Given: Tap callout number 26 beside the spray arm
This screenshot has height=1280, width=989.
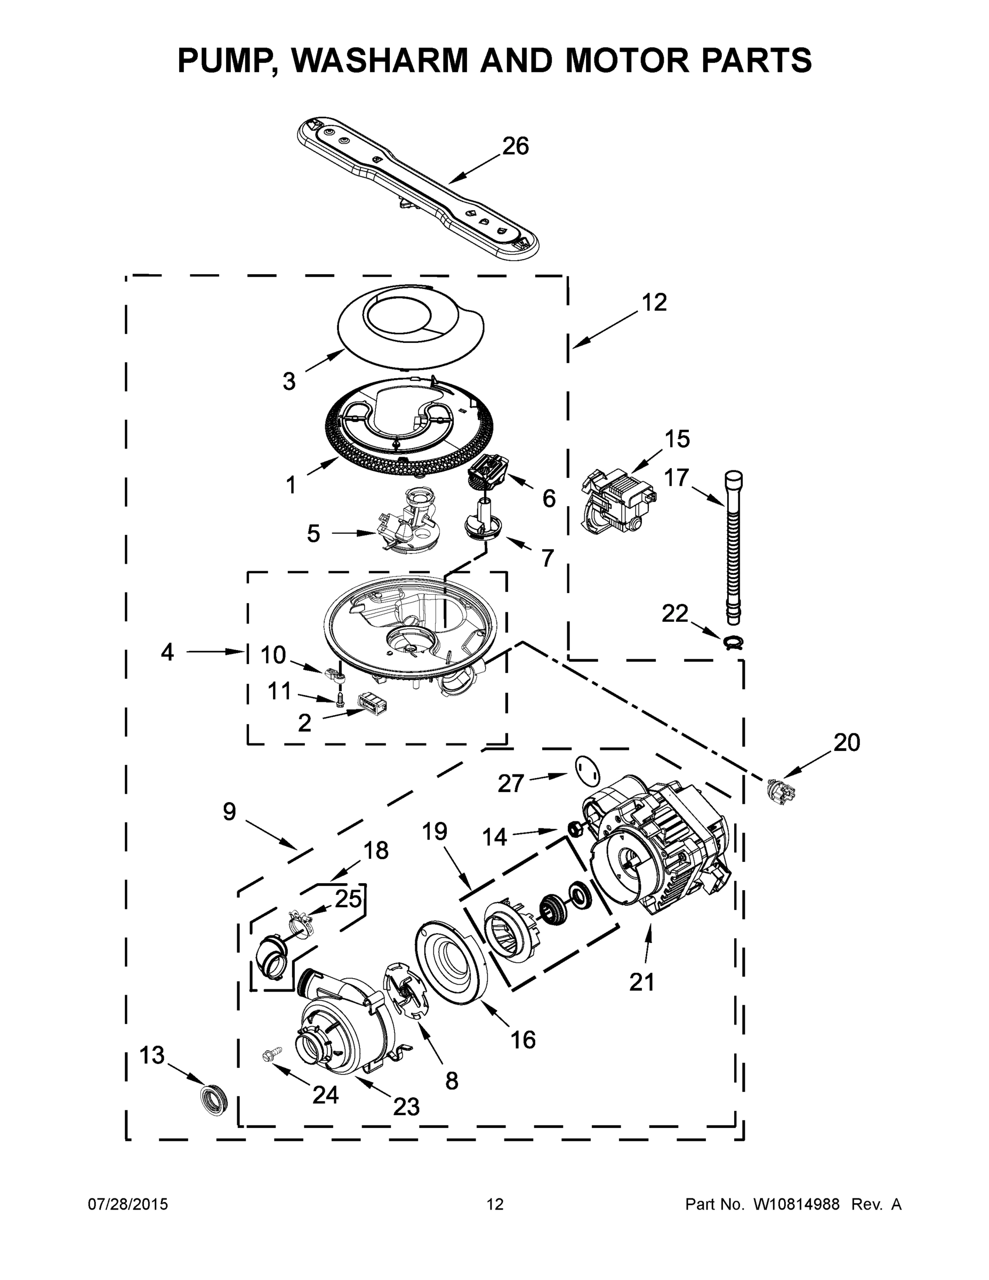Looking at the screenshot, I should (516, 146).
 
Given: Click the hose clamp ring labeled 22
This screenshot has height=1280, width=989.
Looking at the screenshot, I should (733, 642).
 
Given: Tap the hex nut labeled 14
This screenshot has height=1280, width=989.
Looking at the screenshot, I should (574, 829).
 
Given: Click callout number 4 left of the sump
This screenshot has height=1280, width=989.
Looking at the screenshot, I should (167, 652).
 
